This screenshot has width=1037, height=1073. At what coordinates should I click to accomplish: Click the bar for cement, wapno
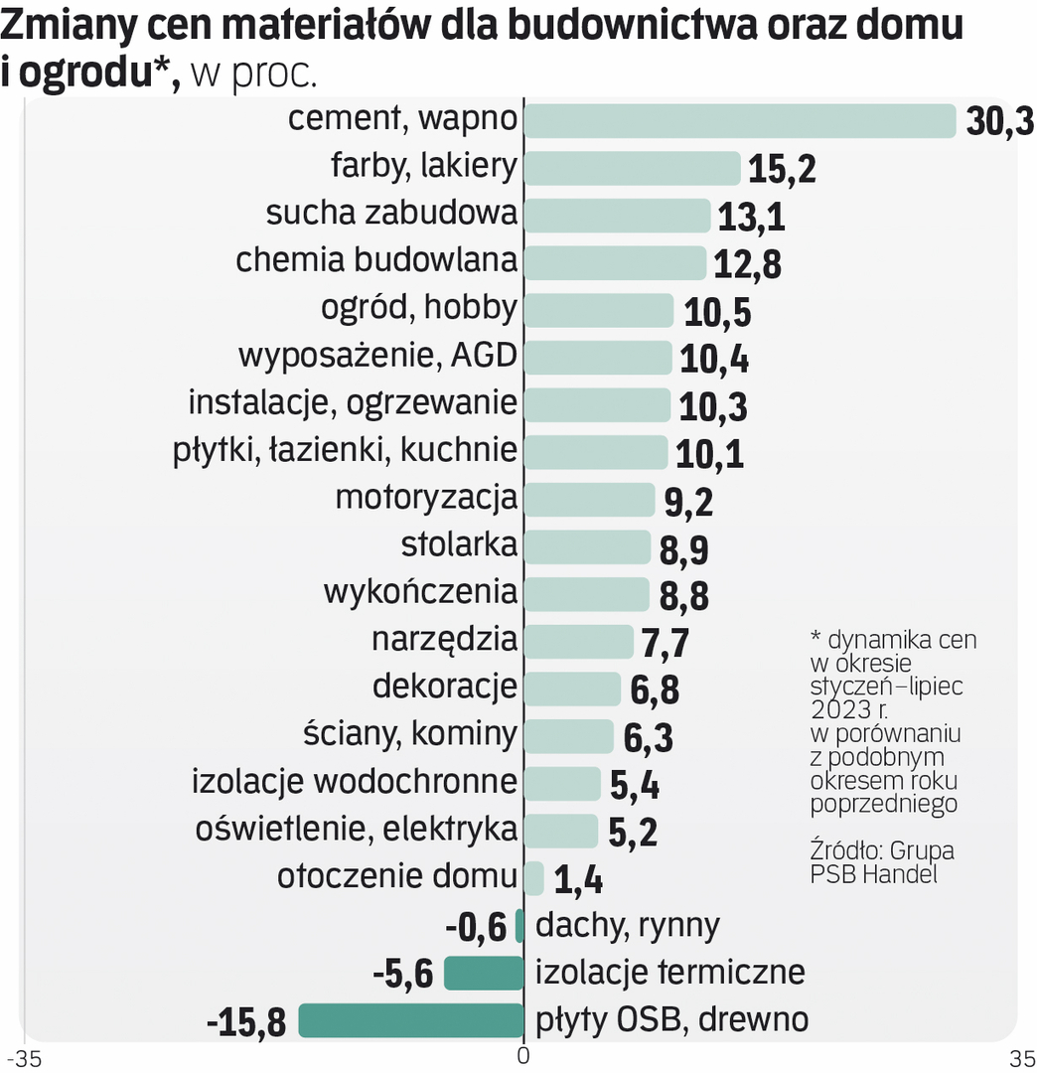click(x=739, y=120)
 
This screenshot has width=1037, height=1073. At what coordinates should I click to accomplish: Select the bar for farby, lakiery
click(x=632, y=168)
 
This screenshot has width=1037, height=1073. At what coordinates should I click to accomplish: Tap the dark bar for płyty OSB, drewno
click(x=410, y=1020)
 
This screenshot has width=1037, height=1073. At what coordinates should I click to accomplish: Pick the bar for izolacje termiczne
click(x=483, y=974)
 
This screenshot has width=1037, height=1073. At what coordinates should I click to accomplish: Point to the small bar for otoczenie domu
click(x=533, y=878)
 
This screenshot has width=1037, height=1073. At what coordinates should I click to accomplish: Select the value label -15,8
click(x=245, y=1021)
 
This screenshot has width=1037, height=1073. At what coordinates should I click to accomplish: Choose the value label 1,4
click(x=578, y=880)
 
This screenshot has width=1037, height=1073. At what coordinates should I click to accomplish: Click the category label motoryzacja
click(x=426, y=497)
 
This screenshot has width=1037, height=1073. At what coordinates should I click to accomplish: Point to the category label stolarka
click(x=459, y=544)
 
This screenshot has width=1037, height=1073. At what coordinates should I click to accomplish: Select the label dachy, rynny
click(x=627, y=926)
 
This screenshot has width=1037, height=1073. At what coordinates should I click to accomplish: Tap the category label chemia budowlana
click(x=376, y=260)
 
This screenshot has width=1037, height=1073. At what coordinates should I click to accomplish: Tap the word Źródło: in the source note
click(x=844, y=852)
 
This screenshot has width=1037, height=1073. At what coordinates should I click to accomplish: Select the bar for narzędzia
click(x=578, y=641)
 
